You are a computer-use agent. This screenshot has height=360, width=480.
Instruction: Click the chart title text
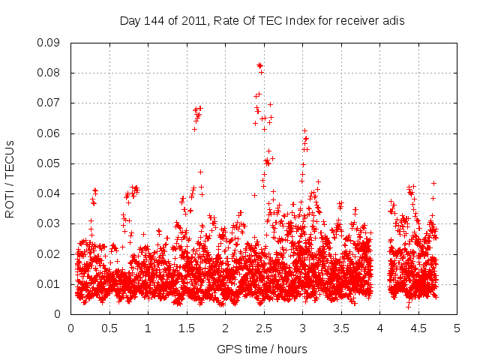pyautogui.click(x=262, y=21)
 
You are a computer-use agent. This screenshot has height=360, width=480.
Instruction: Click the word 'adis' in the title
pyautogui.click(x=391, y=21)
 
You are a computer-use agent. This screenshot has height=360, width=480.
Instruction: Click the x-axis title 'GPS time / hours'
pyautogui.click(x=262, y=349)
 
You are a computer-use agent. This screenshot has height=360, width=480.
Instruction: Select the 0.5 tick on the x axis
pyautogui.click(x=109, y=328)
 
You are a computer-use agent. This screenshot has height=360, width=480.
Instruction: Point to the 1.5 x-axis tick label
pyautogui.click(x=187, y=328)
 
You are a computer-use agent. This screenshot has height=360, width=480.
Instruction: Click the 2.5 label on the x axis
pyautogui.click(x=264, y=328)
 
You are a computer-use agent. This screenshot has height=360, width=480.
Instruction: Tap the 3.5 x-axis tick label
pyautogui.click(x=341, y=328)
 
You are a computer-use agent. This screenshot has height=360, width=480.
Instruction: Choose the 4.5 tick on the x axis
pyautogui.click(x=418, y=328)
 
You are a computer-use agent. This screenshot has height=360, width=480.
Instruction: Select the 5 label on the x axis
pyautogui.click(x=457, y=328)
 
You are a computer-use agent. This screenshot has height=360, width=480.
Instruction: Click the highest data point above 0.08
pyautogui.click(x=259, y=65)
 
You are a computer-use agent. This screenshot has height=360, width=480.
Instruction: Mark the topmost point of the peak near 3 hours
pyautogui.click(x=304, y=130)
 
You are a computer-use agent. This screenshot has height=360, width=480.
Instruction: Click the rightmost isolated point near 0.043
pyautogui.click(x=433, y=183)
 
